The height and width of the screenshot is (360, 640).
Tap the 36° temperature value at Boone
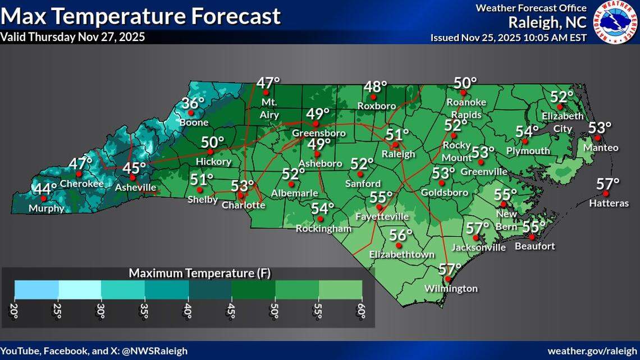click(193, 104)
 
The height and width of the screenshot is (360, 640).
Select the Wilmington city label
click(451, 289)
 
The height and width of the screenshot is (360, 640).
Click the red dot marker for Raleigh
click(395, 145)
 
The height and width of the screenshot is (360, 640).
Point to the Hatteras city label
click(609, 203)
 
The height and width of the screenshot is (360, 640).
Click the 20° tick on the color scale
click(15, 311)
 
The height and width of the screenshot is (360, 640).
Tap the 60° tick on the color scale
click(362, 311)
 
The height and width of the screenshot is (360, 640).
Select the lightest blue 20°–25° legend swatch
click(36, 289)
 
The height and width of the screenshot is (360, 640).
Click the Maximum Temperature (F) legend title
click(199, 274)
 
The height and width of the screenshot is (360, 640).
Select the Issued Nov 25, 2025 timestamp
click(509, 38)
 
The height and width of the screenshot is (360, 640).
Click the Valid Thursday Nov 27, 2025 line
click(72, 37)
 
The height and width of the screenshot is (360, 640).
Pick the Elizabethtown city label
click(401, 254)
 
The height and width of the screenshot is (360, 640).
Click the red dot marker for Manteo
click(598, 138)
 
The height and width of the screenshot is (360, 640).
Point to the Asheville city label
click(135, 188)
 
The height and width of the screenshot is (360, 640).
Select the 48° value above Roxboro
click(375, 87)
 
